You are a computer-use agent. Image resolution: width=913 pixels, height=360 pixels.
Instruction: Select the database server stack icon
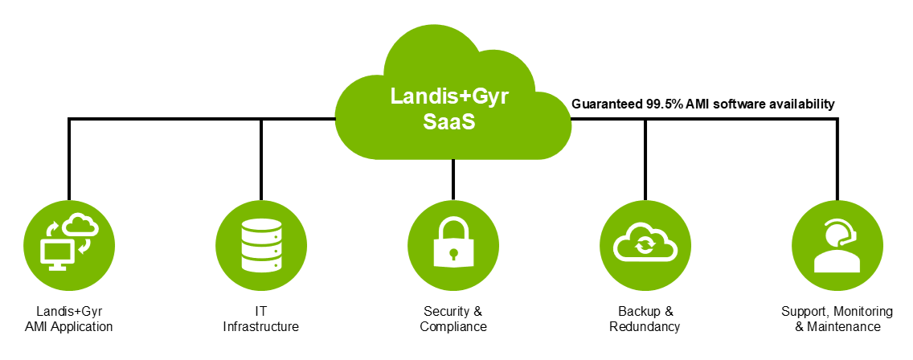tap(261, 243)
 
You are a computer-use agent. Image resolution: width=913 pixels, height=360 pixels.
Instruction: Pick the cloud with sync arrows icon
tap(645, 243)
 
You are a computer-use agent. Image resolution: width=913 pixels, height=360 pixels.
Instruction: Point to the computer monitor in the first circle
tap(58, 254)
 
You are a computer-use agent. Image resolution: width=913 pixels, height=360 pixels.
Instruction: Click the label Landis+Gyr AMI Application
tap(69, 319)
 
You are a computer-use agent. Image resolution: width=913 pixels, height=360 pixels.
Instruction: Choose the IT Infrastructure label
tap(261, 319)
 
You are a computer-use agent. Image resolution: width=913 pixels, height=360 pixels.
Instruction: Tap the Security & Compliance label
tap(453, 319)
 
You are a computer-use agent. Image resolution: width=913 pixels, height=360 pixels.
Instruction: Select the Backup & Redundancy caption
tap(645, 319)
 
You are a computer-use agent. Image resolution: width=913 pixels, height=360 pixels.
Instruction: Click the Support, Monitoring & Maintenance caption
tap(837, 319)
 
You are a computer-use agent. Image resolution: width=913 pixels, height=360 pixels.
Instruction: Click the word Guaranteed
tap(607, 104)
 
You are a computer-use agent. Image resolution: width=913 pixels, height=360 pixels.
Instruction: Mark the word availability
tap(801, 104)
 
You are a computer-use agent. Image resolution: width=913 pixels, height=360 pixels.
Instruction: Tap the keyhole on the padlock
tap(453, 254)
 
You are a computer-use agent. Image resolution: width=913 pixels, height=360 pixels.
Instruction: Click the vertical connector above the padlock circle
tap(453, 178)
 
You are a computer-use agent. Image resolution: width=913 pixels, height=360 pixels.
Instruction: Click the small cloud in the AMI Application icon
tap(81, 224)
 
